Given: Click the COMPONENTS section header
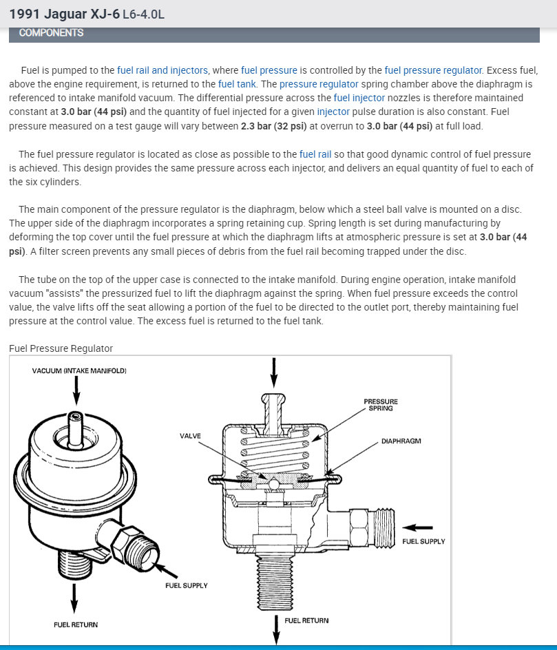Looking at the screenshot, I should [x=52, y=32].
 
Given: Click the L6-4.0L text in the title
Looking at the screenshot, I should [x=143, y=14].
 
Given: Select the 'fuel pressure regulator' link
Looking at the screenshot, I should [x=433, y=70].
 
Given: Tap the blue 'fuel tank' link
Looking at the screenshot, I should [x=238, y=84].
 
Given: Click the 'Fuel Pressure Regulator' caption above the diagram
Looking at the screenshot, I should [x=61, y=348].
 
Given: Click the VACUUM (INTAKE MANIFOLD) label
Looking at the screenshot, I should [x=79, y=371].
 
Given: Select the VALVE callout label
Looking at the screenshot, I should [x=190, y=436].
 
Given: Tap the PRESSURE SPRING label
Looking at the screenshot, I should [x=381, y=405].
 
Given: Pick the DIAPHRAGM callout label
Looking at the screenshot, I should [x=401, y=441].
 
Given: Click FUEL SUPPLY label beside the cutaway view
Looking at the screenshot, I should [x=423, y=541].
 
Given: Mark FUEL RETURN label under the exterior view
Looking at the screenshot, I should [x=75, y=625].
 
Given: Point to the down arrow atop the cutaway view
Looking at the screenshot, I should [x=274, y=373].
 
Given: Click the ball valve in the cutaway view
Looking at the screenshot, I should [x=274, y=484].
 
